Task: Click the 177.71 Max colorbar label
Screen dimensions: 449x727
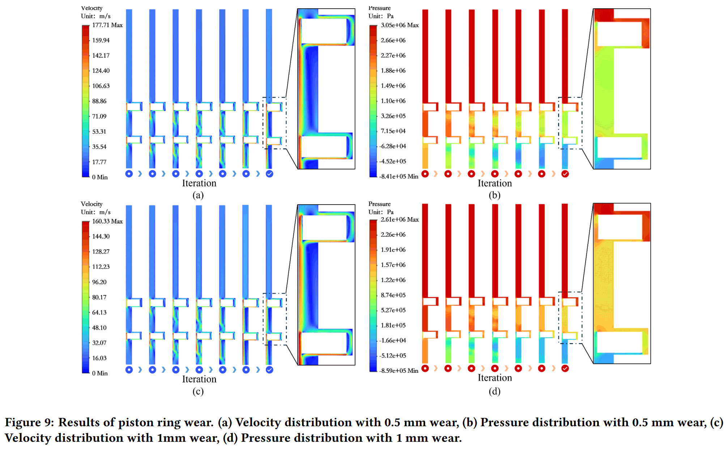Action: [x=107, y=25]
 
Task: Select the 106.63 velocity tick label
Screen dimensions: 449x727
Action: [x=101, y=86]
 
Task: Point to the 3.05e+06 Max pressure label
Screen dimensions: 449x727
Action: [x=399, y=25]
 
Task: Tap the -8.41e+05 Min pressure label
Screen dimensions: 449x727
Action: [x=399, y=176]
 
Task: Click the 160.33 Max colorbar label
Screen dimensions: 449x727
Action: [x=107, y=221]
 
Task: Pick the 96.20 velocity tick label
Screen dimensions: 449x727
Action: [x=99, y=282]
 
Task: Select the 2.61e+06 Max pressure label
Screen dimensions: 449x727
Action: [x=399, y=219]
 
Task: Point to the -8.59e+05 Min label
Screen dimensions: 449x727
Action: [x=399, y=371]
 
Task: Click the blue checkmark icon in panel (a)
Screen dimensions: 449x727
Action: [x=269, y=174]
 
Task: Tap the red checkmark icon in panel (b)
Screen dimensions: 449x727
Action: [x=565, y=174]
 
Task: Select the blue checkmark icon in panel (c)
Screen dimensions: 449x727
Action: [x=269, y=370]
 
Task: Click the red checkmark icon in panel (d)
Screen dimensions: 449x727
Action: [x=565, y=368]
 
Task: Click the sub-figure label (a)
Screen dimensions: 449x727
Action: [x=198, y=195]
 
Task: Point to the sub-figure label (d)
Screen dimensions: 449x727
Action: [x=494, y=391]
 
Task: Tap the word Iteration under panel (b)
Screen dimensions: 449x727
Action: [x=494, y=183]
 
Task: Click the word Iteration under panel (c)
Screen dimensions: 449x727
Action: [x=199, y=379]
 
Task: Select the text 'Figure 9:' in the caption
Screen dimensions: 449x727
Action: [x=29, y=422]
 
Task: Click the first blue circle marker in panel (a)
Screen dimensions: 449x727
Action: [x=129, y=174]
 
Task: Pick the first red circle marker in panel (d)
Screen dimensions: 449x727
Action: [x=425, y=368]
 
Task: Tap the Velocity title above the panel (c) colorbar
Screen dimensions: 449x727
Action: [x=92, y=204]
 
